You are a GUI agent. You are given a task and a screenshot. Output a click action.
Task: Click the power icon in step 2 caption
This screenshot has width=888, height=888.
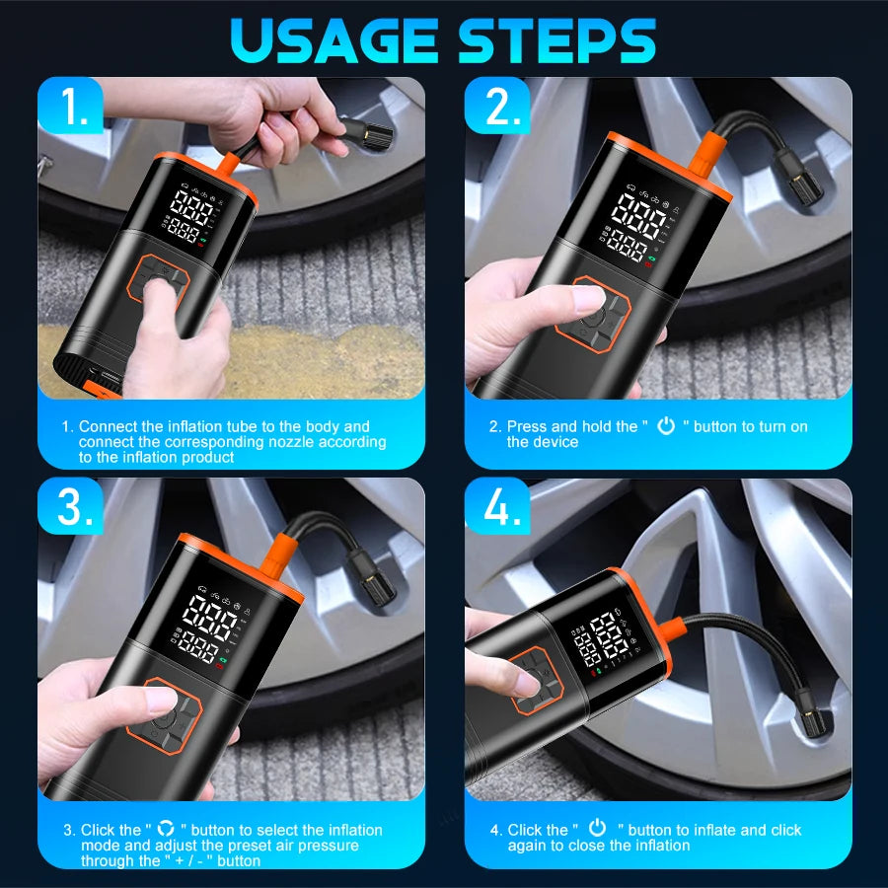click(x=667, y=425)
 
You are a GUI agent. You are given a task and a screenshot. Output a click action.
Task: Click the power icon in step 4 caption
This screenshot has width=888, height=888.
click(x=597, y=828)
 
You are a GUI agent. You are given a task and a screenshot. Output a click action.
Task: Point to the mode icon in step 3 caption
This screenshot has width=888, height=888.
click(x=166, y=829)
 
